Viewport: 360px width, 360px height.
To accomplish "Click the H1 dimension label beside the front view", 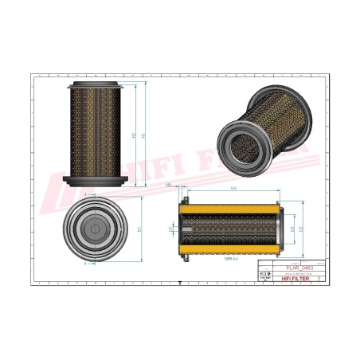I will click(144, 135).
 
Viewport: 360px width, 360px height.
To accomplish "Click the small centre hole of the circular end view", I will click(95, 230).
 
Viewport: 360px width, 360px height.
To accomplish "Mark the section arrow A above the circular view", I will click(84, 194).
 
